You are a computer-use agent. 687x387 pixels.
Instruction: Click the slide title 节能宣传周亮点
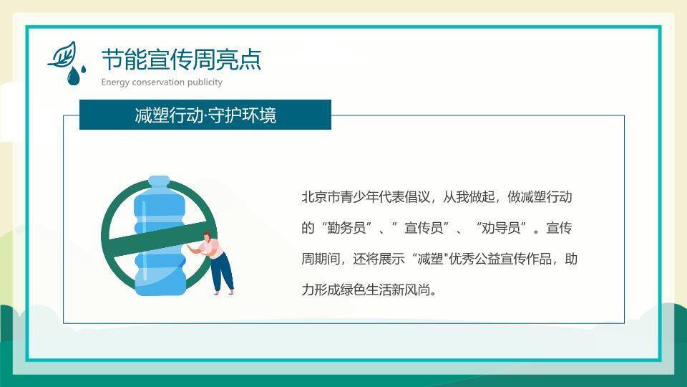point(181,59)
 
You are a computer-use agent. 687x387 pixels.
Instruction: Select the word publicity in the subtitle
point(205,82)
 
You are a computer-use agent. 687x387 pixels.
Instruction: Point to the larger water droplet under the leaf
point(72,77)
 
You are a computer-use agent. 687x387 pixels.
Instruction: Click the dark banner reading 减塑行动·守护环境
point(205,115)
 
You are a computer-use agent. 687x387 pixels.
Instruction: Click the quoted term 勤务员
point(351,229)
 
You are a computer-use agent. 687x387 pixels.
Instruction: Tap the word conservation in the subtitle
point(157,82)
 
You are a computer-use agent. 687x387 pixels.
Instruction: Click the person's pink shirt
point(212,248)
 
